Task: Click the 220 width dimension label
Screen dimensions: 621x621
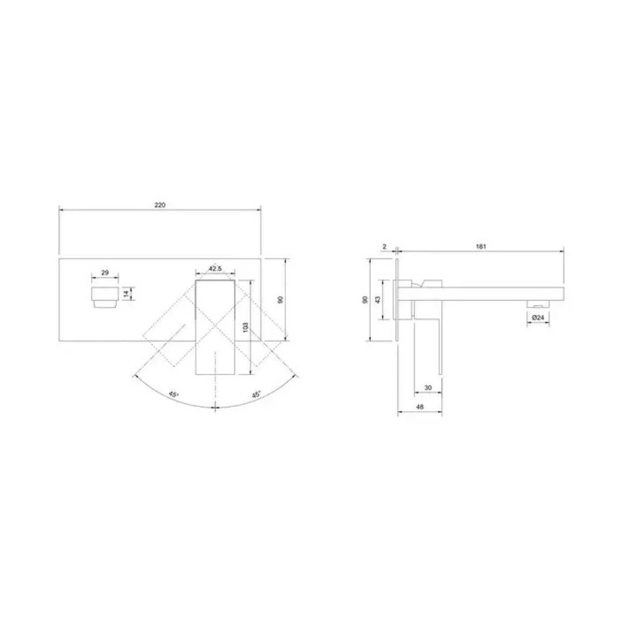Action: [x=160, y=205]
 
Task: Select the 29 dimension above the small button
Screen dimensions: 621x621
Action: [x=105, y=273]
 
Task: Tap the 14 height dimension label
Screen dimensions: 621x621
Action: [x=126, y=294]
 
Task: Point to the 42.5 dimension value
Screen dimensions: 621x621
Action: [x=215, y=268]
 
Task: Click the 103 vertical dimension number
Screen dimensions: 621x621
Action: [x=245, y=327]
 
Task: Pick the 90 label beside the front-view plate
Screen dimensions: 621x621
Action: [x=281, y=299]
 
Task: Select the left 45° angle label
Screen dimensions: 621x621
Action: [x=173, y=394]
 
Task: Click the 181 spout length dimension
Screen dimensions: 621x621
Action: [x=481, y=247]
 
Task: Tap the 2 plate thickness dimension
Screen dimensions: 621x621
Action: [x=384, y=247]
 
